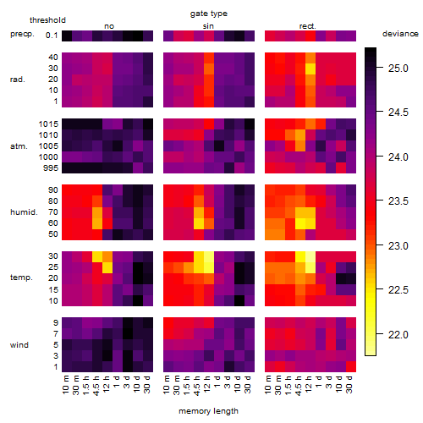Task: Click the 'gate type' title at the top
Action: [x=209, y=14]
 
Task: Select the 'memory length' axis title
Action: [x=208, y=411]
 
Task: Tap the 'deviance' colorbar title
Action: [x=400, y=34]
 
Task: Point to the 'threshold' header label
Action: [x=47, y=20]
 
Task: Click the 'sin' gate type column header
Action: [x=208, y=26]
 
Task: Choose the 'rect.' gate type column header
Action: [x=308, y=26]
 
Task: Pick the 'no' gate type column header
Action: [x=109, y=26]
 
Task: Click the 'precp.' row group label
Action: [x=22, y=34]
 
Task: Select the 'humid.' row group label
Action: [x=24, y=212]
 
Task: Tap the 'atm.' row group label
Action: [x=19, y=146]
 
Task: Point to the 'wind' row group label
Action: [x=19, y=345]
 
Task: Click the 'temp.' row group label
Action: [x=21, y=277]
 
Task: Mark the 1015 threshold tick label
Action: [x=48, y=124]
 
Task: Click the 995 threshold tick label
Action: [x=51, y=168]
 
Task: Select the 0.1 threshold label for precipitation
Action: [x=52, y=36]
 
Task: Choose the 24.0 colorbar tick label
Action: [x=398, y=157]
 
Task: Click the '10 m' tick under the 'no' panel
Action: [x=66, y=384]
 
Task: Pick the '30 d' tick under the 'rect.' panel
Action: [x=349, y=384]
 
